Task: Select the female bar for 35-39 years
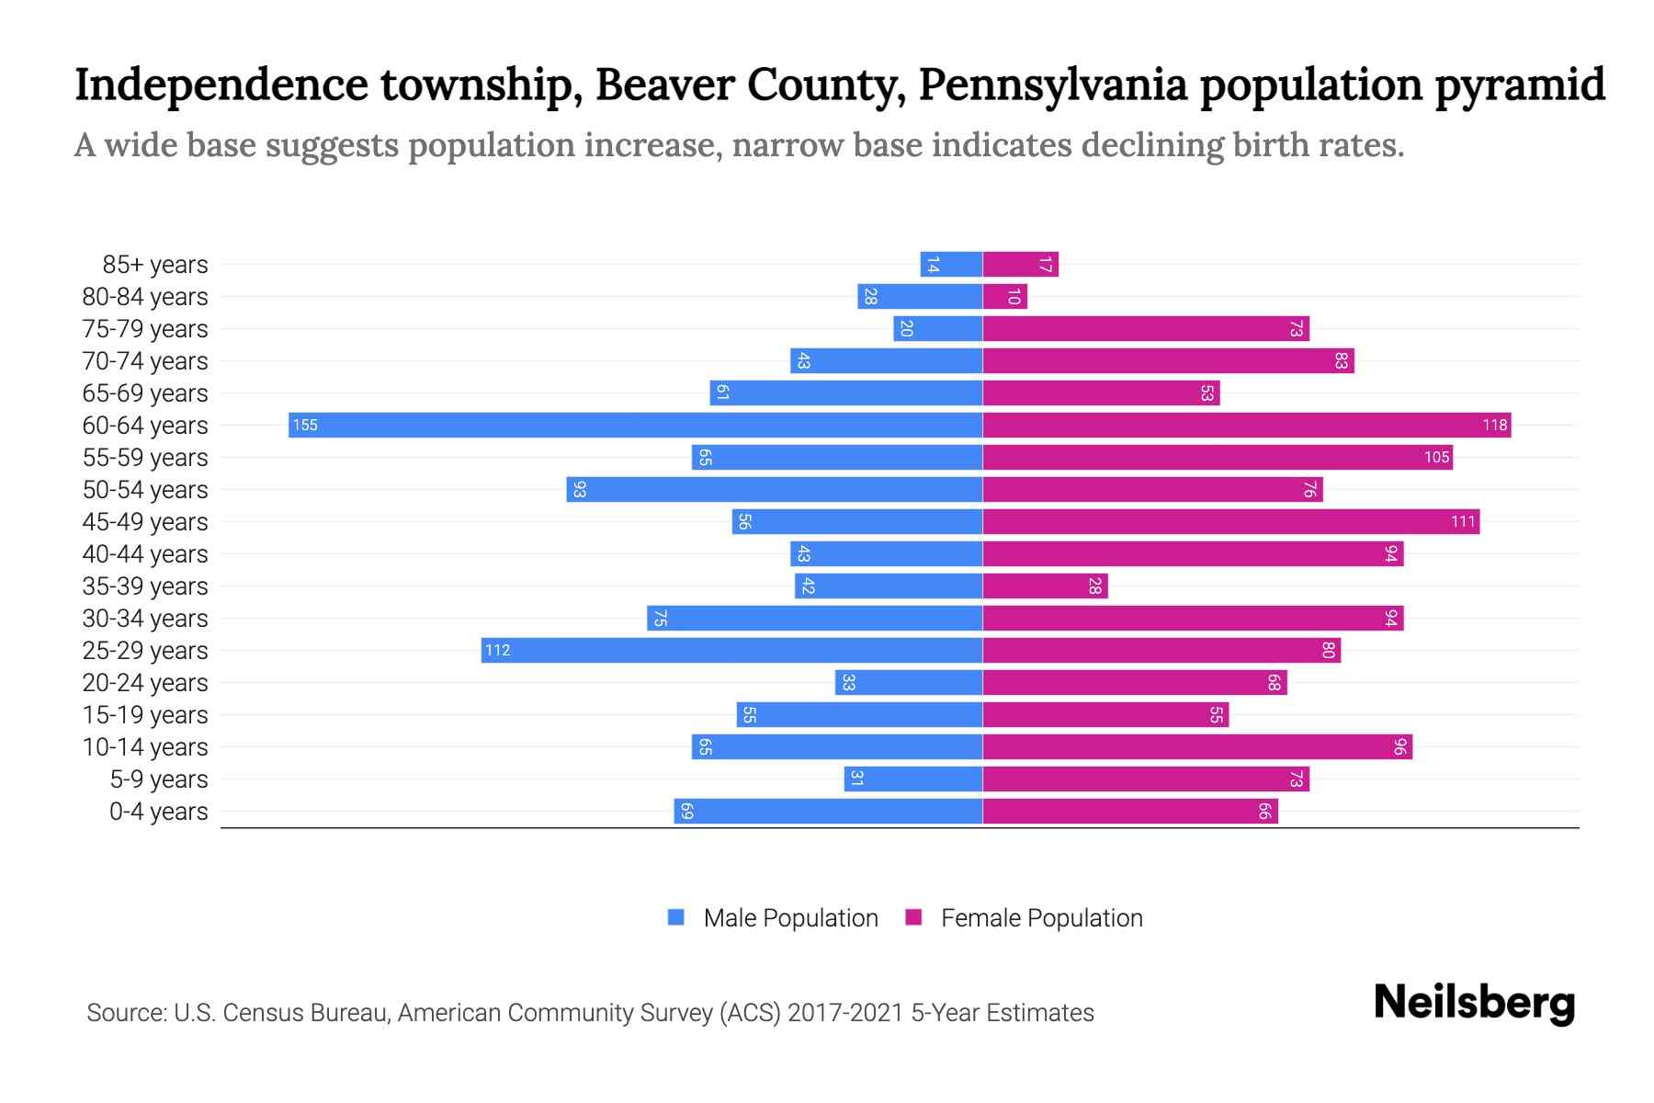click(x=1046, y=586)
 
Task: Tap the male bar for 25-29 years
click(x=732, y=650)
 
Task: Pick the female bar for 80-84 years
click(x=1005, y=296)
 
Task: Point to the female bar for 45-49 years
click(x=1231, y=521)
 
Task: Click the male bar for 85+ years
click(x=952, y=265)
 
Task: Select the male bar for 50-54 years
click(x=775, y=489)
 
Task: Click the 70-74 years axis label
click(x=145, y=361)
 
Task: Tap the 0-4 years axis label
click(x=158, y=812)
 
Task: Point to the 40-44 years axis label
click(x=145, y=554)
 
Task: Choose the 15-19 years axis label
click(x=145, y=715)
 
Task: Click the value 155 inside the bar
click(x=305, y=426)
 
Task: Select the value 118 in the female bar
click(x=1494, y=425)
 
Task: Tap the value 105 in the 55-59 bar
click(x=1436, y=457)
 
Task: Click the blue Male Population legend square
click(x=676, y=917)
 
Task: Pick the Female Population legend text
click(x=1041, y=917)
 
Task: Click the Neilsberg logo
click(x=1474, y=1003)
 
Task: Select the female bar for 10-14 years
click(x=1197, y=746)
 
